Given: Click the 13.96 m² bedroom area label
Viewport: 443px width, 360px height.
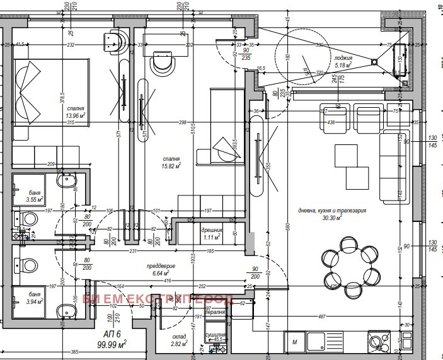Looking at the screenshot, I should click(75, 115).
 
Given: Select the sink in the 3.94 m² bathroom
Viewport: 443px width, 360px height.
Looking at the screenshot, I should click(66, 310).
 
